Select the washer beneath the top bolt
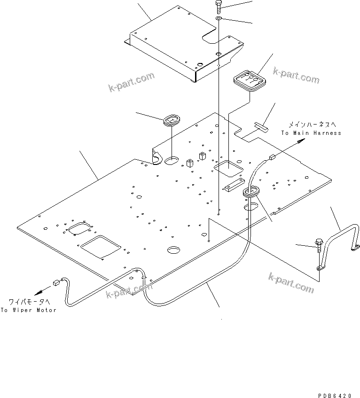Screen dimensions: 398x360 pos(219,18)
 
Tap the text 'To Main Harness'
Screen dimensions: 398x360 pos(311,133)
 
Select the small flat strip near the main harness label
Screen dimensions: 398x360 pos(260,125)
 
